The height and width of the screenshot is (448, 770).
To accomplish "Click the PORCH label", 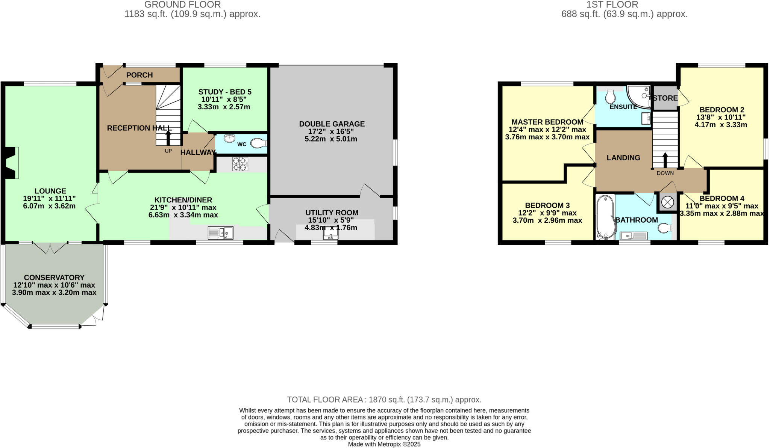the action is pos(139,75).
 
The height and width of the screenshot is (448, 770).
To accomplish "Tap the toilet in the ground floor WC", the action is pos(258,143).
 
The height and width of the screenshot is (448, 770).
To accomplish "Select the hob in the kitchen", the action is pos(240,164).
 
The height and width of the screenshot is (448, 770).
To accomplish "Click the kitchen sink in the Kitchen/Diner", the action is pos(220,233).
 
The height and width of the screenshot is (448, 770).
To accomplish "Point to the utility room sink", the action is pos(330,234).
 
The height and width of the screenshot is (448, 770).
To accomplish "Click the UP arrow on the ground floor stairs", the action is pos(168,137).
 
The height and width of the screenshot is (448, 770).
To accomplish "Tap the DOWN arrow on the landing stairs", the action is pos(665,160).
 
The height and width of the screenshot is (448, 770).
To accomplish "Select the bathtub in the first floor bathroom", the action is pos(605,217).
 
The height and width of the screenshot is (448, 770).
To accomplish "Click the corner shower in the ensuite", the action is pos(639,97).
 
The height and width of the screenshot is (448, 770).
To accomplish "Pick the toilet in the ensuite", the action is pos(610,97).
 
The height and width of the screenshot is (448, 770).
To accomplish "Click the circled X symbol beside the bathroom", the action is pos(667,202).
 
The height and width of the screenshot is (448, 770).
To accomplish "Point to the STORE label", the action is pos(665,98).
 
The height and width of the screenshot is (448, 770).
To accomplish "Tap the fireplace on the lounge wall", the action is pos(12,163).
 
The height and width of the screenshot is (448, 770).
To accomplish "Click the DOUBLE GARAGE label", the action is pos(332,124).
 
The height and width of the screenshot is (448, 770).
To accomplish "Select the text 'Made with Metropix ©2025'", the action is pos(384,444).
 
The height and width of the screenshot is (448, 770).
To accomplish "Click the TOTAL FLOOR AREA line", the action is pos(384,400).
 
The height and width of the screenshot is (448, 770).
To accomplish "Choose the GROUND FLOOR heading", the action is pos(182,5).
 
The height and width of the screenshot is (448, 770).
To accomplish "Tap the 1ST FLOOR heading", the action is pos(624,5).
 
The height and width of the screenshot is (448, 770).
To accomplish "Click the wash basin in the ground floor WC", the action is pos(229,138).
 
